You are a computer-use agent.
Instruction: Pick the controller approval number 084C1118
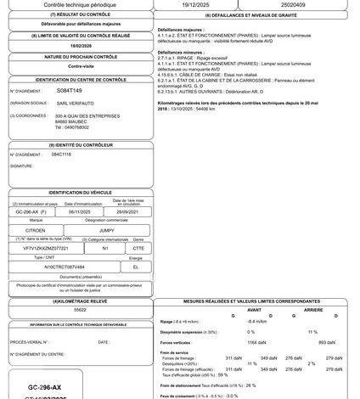click(61, 155)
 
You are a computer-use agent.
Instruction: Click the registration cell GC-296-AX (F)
click(39, 212)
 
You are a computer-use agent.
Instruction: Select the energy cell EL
click(134, 266)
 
